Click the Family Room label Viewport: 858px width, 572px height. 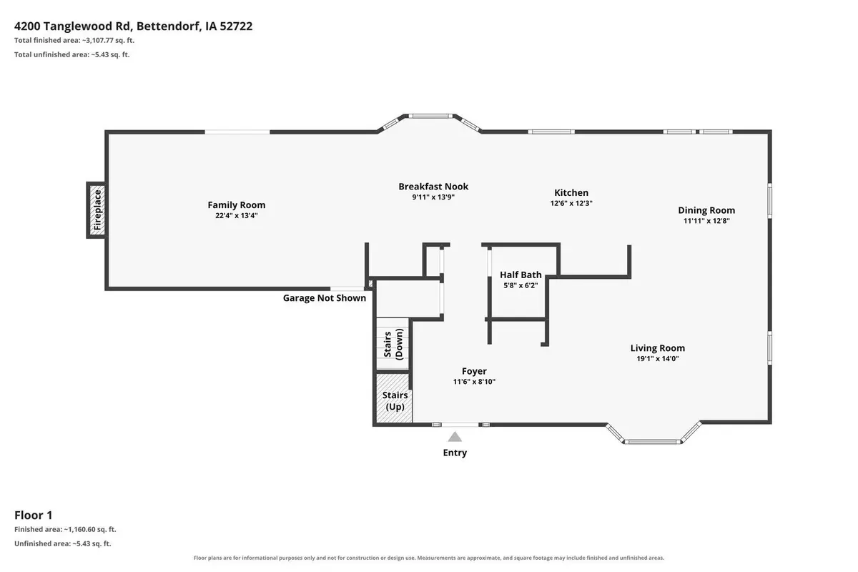click(237, 205)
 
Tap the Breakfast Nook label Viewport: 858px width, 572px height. click(433, 187)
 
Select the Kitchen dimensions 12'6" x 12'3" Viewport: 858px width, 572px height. click(571, 203)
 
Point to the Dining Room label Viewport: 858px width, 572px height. click(706, 210)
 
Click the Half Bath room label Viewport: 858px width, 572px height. click(521, 275)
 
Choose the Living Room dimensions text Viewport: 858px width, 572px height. click(658, 359)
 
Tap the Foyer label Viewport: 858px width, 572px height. click(474, 371)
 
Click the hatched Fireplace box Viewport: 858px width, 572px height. click(97, 210)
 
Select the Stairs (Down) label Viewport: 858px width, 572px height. click(393, 344)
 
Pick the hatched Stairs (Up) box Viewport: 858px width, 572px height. click(394, 398)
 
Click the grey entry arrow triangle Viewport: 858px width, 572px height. click(455, 437)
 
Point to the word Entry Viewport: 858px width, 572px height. click(455, 453)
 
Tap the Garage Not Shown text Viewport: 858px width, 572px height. click(325, 298)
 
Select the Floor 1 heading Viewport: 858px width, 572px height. click(34, 516)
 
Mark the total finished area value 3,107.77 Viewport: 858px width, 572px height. click(98, 40)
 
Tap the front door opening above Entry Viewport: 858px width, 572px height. click(460, 425)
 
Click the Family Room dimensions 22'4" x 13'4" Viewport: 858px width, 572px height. click(237, 216)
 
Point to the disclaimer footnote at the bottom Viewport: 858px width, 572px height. click(428, 558)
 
